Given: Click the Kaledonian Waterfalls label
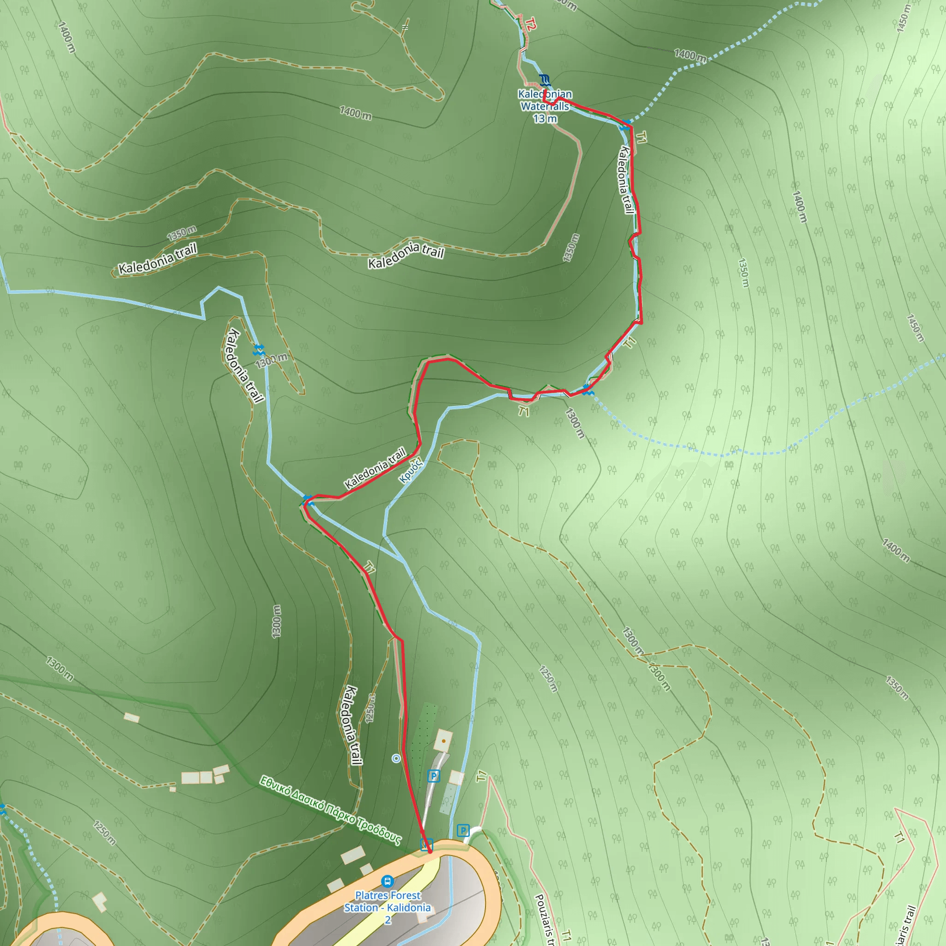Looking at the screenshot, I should tap(545, 106).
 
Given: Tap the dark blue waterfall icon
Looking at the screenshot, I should tap(545, 80).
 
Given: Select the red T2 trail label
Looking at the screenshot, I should tap(530, 23).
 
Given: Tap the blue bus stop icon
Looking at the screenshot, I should tap(387, 881).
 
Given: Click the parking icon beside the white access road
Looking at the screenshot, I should tap(433, 776).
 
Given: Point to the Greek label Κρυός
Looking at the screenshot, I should tap(410, 471).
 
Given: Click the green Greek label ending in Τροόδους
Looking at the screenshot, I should tap(331, 810).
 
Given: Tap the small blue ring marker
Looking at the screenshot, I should tap(396, 758).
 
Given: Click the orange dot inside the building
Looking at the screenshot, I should tap(443, 741).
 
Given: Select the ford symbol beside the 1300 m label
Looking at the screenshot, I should tap(259, 350).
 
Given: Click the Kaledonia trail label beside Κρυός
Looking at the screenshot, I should tap(375, 467).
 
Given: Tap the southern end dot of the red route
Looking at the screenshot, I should tap(430, 851).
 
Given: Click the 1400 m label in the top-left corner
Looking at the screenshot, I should tap(67, 37).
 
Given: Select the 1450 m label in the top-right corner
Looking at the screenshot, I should tap(904, 18).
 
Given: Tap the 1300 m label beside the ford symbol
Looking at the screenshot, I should tap(271, 360).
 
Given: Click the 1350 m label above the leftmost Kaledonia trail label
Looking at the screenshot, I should tap(182, 233).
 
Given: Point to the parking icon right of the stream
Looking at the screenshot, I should tap(463, 831).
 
